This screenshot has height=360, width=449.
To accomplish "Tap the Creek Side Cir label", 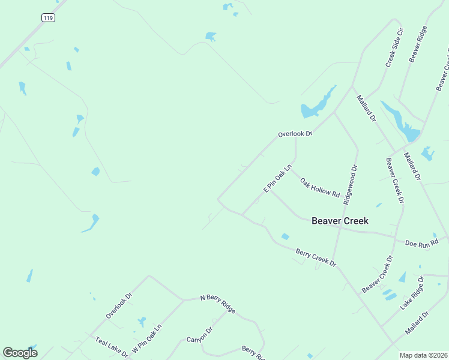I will pyautogui.click(x=394, y=47).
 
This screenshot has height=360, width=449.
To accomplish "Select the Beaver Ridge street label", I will pyautogui.click(x=418, y=44).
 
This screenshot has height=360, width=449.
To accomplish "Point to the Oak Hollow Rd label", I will pyautogui.click(x=320, y=188).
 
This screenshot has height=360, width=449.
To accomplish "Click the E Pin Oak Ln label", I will pyautogui.click(x=277, y=178).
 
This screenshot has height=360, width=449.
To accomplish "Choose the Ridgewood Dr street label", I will pyautogui.click(x=350, y=185).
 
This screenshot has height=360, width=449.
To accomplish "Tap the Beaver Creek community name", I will pyautogui.click(x=340, y=221).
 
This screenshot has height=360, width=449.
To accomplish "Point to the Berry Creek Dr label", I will pyautogui.click(x=316, y=257).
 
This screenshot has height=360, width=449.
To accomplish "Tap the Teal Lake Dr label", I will pyautogui.click(x=112, y=347).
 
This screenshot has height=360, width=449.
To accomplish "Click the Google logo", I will pyautogui.click(x=20, y=353).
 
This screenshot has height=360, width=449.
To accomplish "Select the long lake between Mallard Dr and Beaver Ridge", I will pyautogui.click(x=402, y=123).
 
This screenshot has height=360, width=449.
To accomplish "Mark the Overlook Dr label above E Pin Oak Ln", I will pyautogui.click(x=295, y=134).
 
